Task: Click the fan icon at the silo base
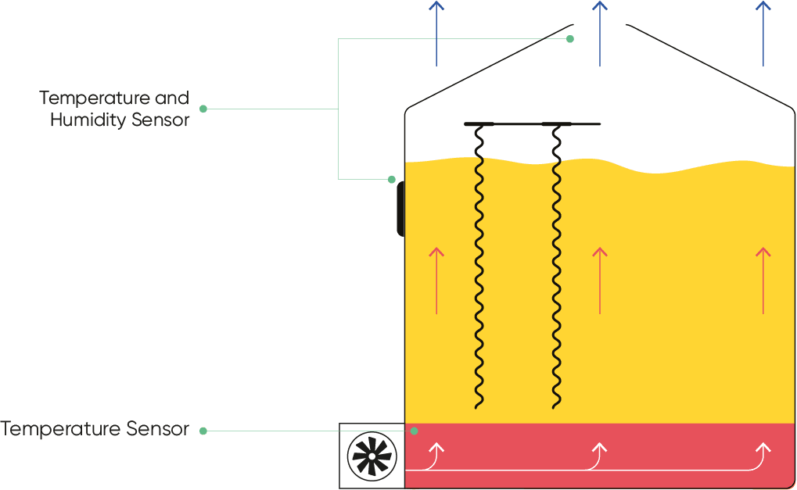(372, 455)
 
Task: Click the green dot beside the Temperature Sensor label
(203, 431)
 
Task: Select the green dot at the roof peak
(570, 39)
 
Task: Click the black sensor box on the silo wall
(400, 209)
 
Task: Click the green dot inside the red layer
(415, 431)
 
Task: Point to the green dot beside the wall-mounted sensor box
(392, 180)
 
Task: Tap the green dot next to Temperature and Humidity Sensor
(203, 109)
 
